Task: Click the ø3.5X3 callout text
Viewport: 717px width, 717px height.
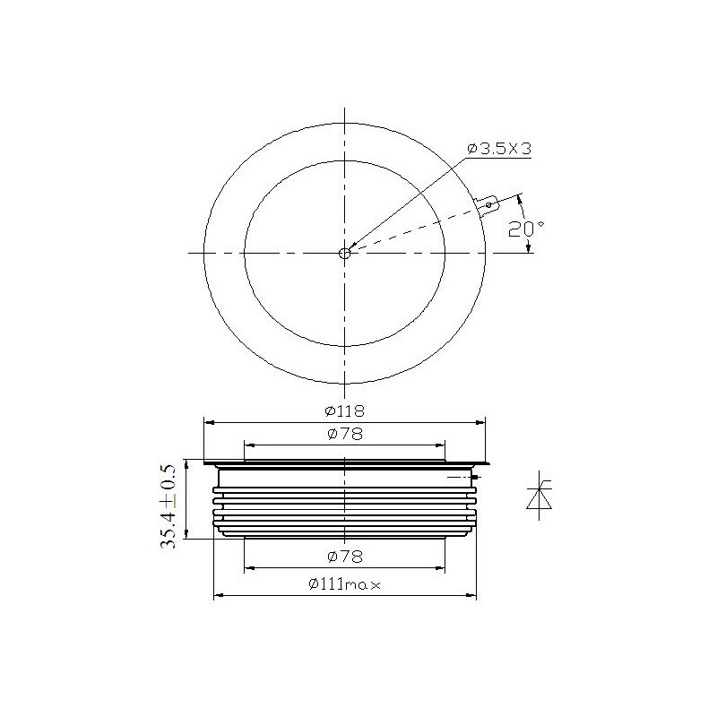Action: [x=499, y=149]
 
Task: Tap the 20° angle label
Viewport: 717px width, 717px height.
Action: [x=526, y=229]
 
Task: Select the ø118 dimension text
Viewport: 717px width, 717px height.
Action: [x=345, y=411]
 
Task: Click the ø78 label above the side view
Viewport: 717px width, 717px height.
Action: [x=345, y=434]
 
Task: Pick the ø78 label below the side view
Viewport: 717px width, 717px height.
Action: [x=345, y=557]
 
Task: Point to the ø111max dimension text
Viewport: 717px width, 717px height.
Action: [x=344, y=584]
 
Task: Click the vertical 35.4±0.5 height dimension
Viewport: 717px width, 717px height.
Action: [x=168, y=506]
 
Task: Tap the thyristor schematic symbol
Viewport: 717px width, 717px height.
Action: [x=540, y=496]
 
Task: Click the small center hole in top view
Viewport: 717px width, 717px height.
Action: [x=344, y=254]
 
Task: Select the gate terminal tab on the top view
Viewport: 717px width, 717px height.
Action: [x=487, y=205]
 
